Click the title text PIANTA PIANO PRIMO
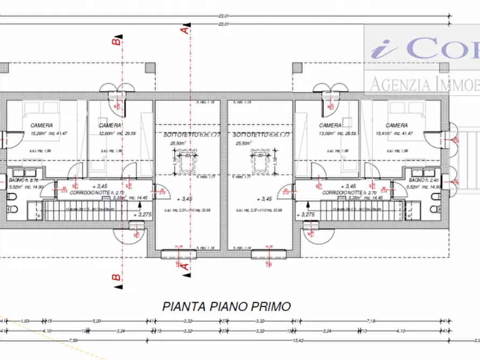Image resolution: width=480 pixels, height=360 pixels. pyautogui.click(x=226, y=306)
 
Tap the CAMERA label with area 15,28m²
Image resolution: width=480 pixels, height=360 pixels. pyautogui.click(x=42, y=125)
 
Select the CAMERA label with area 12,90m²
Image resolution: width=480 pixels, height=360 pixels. pyautogui.click(x=110, y=125)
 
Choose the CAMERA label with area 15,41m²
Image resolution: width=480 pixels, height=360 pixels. pyautogui.click(x=397, y=125)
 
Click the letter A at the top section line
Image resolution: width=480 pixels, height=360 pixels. pyautogui.click(x=184, y=31)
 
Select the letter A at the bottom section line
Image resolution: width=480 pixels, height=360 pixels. pyautogui.click(x=184, y=265)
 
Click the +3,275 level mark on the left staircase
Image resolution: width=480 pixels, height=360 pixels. pyautogui.click(x=140, y=214)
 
